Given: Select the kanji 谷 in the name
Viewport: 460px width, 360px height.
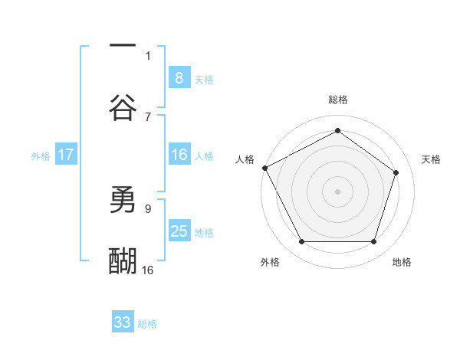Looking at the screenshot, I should pyautogui.click(x=123, y=107).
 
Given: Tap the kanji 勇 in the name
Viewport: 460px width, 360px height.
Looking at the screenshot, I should pyautogui.click(x=123, y=201).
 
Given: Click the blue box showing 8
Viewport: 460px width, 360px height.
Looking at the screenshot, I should pyautogui.click(x=179, y=77).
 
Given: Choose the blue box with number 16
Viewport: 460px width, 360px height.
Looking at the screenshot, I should pyautogui.click(x=179, y=155).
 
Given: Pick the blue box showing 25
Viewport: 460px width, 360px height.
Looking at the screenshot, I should pyautogui.click(x=179, y=231).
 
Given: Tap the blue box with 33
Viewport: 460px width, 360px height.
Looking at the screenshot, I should pyautogui.click(x=123, y=322).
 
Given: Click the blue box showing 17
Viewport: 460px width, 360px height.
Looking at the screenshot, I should pyautogui.click(x=65, y=155).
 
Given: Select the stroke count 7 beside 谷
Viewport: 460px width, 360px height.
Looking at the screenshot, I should pyautogui.click(x=148, y=116).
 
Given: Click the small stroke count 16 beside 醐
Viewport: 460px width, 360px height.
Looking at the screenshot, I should pyautogui.click(x=148, y=270).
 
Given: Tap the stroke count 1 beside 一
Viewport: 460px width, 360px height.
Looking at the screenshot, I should pyautogui.click(x=148, y=55).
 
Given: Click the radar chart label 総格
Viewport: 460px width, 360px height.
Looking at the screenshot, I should pyautogui.click(x=337, y=100).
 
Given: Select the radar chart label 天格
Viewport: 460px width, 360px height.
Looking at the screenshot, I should pyautogui.click(x=431, y=159).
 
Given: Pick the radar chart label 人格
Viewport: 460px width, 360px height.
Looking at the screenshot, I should pyautogui.click(x=245, y=159).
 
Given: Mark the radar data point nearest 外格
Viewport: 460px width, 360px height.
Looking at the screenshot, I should pyautogui.click(x=301, y=242).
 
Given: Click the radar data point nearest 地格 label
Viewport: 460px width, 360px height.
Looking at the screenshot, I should pyautogui.click(x=373, y=242).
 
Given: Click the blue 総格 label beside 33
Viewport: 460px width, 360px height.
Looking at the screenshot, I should pyautogui.click(x=147, y=324).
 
